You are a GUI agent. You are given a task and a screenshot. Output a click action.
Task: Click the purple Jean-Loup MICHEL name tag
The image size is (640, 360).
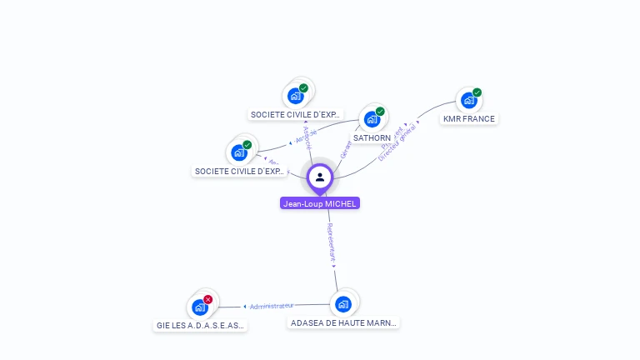[320, 203]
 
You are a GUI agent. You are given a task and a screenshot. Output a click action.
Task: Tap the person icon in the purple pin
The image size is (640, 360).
[320, 177]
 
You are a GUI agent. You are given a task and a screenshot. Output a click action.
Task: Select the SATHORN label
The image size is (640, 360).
[372, 138]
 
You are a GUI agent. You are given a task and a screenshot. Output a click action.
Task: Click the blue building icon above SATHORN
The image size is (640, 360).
[372, 118]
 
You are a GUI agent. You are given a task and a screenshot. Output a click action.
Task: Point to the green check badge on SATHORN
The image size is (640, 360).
[380, 112]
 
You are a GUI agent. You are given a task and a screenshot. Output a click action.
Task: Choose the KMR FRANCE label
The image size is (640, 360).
[468, 119]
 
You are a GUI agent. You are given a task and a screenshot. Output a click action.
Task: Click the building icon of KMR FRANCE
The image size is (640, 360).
[469, 100]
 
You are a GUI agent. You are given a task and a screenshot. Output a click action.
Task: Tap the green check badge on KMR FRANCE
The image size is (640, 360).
[477, 92]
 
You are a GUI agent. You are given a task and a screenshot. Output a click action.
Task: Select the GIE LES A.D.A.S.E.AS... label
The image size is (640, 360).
[201, 326]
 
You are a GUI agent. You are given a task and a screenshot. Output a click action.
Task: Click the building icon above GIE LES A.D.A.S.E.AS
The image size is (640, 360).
[200, 307]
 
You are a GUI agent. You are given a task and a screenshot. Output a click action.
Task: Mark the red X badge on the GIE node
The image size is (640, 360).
[208, 299]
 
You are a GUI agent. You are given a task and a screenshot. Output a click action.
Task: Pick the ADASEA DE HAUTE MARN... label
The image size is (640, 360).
[343, 322]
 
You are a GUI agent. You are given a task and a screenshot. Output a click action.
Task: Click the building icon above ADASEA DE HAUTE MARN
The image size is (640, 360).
[342, 303]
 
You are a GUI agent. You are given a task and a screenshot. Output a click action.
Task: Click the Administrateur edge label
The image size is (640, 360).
[272, 306]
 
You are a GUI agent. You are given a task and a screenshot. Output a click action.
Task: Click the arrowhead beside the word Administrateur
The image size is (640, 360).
[244, 307]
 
